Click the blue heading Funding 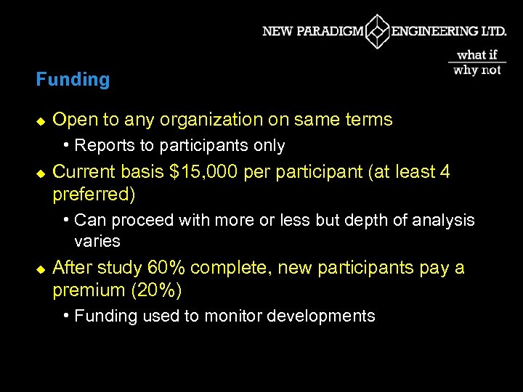[x=73, y=79]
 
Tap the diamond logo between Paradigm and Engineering [x=378, y=32]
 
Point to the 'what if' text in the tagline [x=477, y=54]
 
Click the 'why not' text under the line [x=477, y=70]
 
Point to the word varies [x=97, y=241]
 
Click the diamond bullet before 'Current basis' [x=41, y=173]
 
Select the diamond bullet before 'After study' [x=41, y=269]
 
